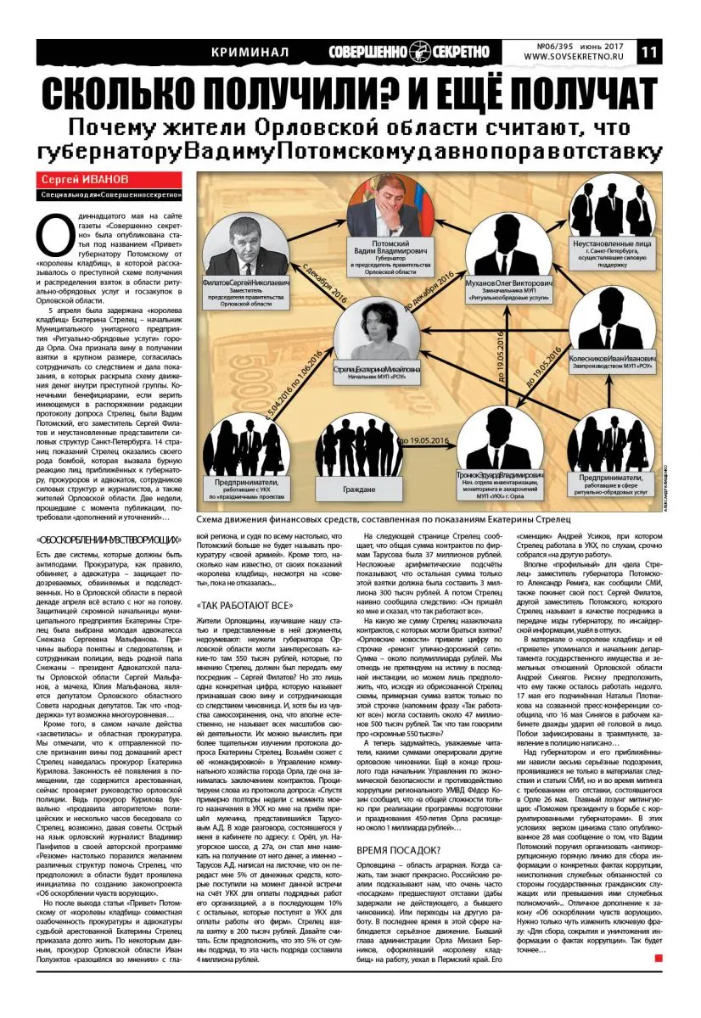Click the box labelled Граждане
(x=362, y=489)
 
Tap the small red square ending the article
(x=658, y=958)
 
